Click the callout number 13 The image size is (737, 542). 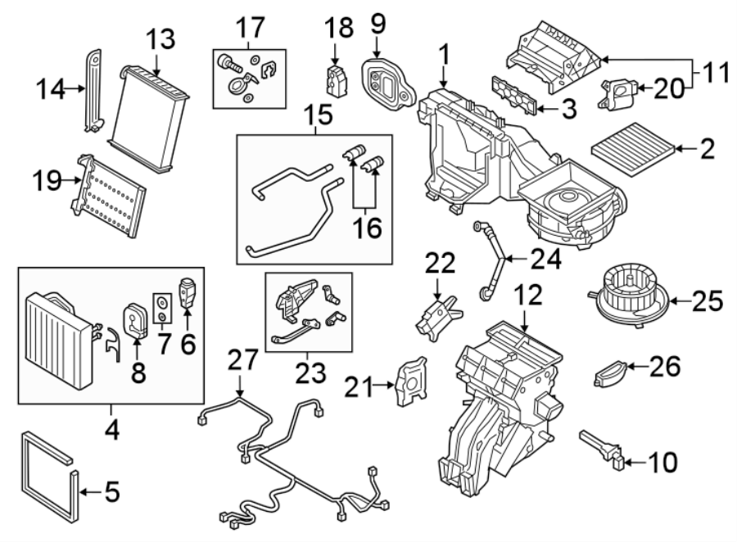click(x=161, y=38)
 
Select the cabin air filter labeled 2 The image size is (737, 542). click(x=634, y=147)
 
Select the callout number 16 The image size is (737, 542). click(x=368, y=227)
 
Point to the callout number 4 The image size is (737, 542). click(x=111, y=428)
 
